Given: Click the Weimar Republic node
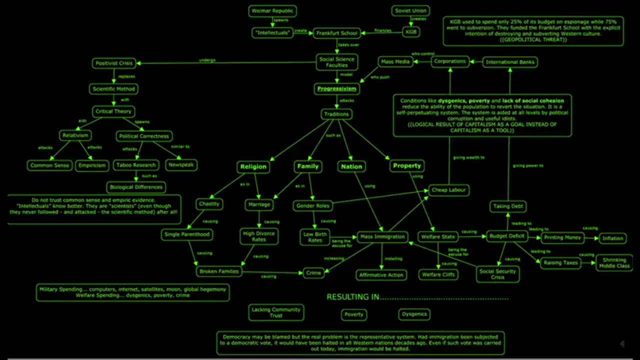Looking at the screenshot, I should click(x=272, y=10).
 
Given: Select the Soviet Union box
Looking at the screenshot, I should click(x=410, y=10).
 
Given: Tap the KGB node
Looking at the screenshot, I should click(x=410, y=32).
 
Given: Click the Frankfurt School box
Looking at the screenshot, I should click(x=336, y=33).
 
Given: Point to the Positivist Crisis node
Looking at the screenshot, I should click(x=114, y=63).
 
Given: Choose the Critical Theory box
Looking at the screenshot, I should click(x=113, y=111).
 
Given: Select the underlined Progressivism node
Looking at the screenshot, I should click(x=336, y=88).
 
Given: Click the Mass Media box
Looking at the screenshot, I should click(x=395, y=61).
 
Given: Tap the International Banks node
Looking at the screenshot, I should click(x=510, y=62).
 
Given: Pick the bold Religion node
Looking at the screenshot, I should click(x=253, y=166).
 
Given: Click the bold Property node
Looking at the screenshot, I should click(x=406, y=165).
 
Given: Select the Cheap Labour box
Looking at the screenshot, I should click(x=448, y=190).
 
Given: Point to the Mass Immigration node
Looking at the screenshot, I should click(x=382, y=236).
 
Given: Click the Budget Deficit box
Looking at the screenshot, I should click(x=506, y=236).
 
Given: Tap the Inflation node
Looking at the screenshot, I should click(x=612, y=238).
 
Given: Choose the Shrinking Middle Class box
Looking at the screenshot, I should click(x=614, y=263).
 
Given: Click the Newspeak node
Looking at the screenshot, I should click(x=181, y=164).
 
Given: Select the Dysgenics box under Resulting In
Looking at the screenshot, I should click(x=414, y=314).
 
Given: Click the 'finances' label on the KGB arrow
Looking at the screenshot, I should click(x=382, y=30).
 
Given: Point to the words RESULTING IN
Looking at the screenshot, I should click(x=352, y=297).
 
